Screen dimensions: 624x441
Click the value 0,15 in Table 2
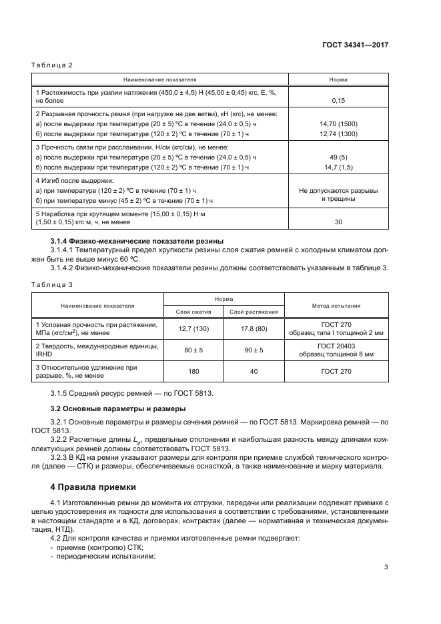pyautogui.click(x=338, y=101)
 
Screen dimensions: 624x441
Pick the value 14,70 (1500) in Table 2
pyautogui.click(x=338, y=123)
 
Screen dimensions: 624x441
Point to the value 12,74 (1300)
pyautogui.click(x=338, y=133)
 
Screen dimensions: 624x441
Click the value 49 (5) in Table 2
pyautogui.click(x=338, y=157)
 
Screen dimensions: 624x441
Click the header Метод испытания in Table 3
pyautogui.click(x=336, y=305)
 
